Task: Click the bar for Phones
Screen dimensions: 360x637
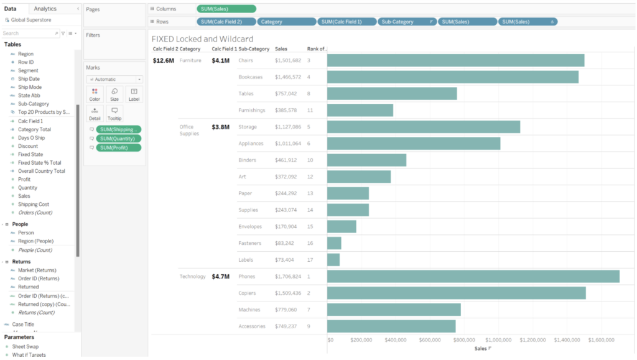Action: pyautogui.click(x=473, y=276)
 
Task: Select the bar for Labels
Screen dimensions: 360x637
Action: pyautogui.click(x=333, y=259)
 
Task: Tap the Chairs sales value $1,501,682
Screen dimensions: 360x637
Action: pyautogui.click(x=288, y=60)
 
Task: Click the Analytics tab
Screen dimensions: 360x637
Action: pyautogui.click(x=45, y=9)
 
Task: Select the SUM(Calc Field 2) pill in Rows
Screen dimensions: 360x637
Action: pyautogui.click(x=226, y=22)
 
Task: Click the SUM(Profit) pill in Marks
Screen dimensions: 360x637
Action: pyautogui.click(x=118, y=147)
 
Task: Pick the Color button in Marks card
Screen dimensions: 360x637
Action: pyautogui.click(x=95, y=94)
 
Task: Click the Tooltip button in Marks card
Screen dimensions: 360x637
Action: pyautogui.click(x=114, y=113)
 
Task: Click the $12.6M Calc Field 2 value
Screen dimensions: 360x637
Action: pyautogui.click(x=164, y=60)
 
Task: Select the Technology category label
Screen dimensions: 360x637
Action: pyautogui.click(x=192, y=276)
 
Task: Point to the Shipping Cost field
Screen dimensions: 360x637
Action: pyautogui.click(x=34, y=204)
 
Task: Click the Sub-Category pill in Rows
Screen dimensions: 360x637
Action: pyautogui.click(x=407, y=22)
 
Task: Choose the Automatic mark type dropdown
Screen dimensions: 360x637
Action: pyautogui.click(x=114, y=80)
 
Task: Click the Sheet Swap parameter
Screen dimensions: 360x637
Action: pyautogui.click(x=25, y=346)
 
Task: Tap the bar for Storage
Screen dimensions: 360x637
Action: pyautogui.click(x=423, y=127)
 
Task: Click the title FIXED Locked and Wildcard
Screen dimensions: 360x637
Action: pyautogui.click(x=202, y=39)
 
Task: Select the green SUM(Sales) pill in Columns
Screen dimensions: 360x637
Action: pyautogui.click(x=226, y=9)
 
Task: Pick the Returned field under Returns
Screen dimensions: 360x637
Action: pyautogui.click(x=28, y=287)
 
